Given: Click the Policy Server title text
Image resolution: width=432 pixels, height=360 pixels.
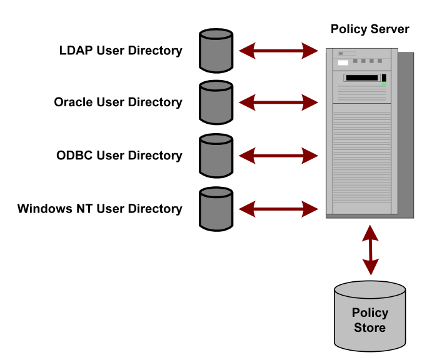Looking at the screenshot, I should (x=370, y=29).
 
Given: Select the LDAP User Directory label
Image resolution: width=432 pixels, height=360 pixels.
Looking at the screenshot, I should (x=121, y=51).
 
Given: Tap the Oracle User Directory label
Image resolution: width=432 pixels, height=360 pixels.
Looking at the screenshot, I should (x=118, y=102).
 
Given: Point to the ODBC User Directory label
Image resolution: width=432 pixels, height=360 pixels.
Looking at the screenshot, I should (x=119, y=156).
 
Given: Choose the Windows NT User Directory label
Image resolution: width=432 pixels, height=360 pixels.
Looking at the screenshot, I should (x=100, y=209).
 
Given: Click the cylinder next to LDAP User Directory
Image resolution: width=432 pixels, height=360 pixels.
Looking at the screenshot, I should (x=216, y=50).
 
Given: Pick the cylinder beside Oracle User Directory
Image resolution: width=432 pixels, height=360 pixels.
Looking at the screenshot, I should (x=216, y=102).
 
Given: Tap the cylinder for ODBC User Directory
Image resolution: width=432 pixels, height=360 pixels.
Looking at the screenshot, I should (x=216, y=155).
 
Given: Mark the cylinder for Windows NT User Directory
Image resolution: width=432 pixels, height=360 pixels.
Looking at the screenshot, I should (x=216, y=208).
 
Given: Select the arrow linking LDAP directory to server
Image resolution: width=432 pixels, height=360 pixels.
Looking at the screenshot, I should (x=279, y=51).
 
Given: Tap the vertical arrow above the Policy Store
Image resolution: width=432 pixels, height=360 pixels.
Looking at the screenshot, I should (x=371, y=249).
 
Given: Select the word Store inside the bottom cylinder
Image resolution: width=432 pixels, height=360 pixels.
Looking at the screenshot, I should (x=370, y=327).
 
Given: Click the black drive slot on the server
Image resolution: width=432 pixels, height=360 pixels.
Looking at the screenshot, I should (x=361, y=78).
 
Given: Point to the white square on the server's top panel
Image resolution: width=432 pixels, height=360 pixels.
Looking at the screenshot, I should (x=343, y=62).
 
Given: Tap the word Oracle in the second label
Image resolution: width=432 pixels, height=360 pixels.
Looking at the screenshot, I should (x=74, y=102).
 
